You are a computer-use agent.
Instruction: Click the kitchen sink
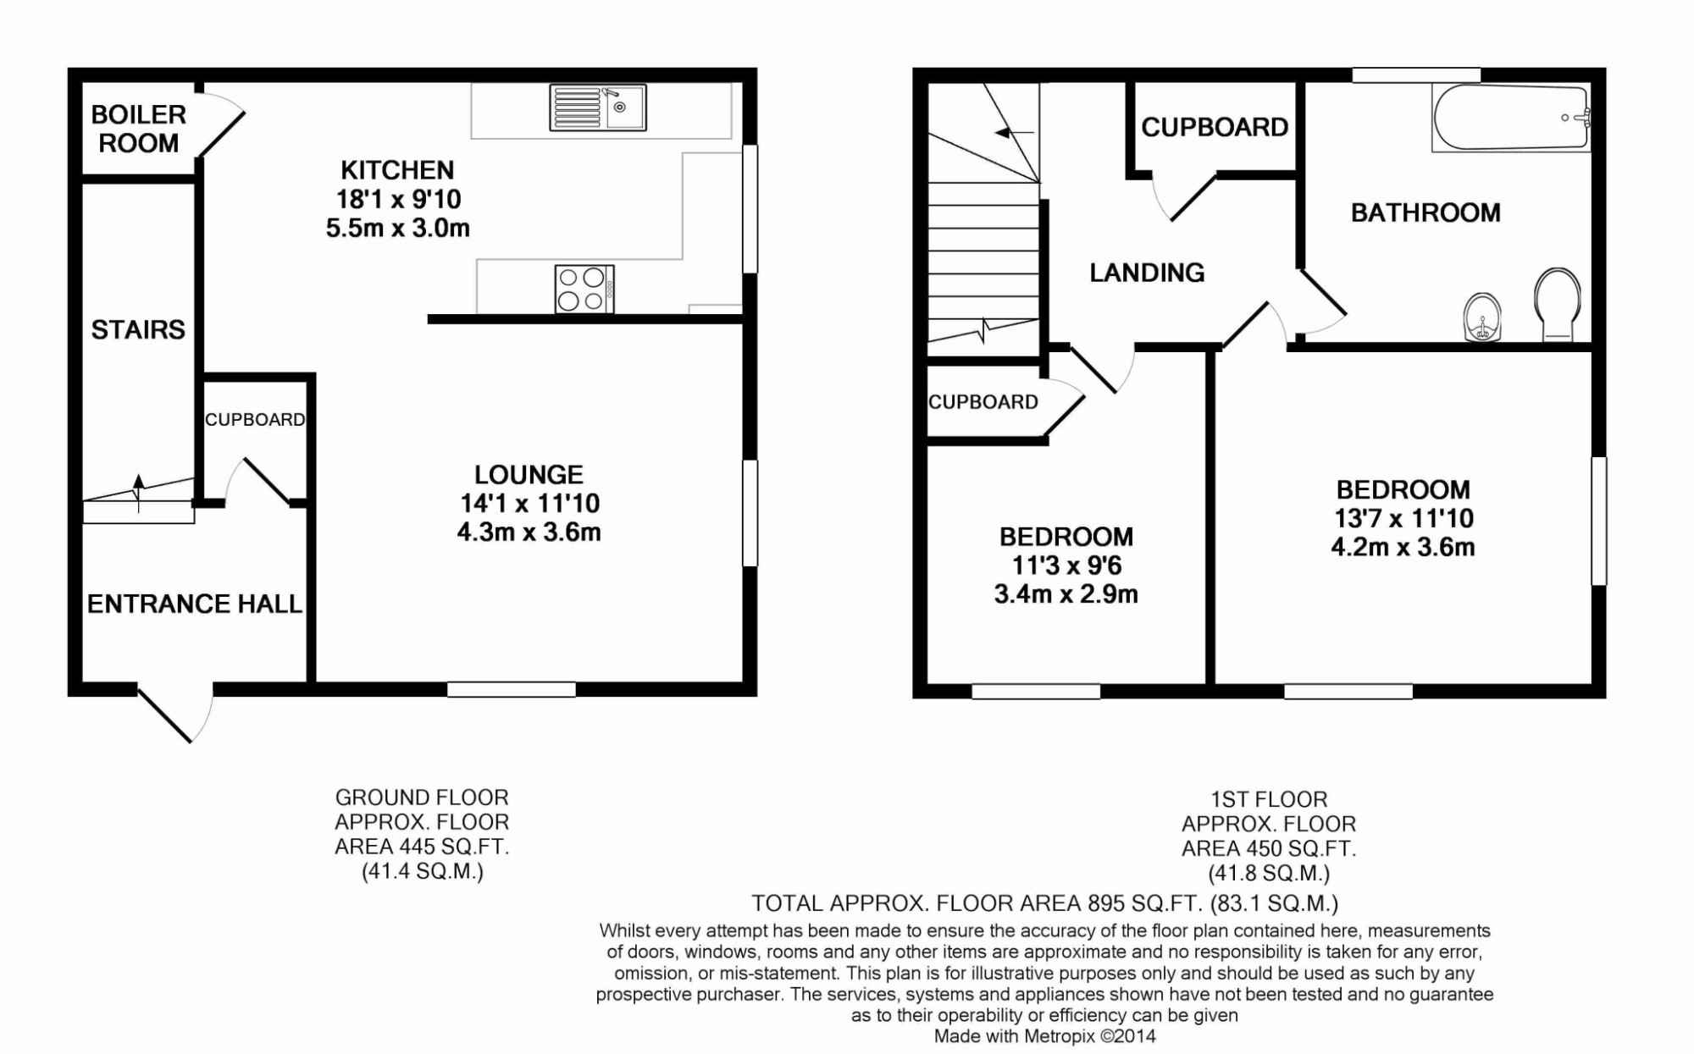tap(597, 108)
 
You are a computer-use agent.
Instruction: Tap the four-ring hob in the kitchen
tap(584, 289)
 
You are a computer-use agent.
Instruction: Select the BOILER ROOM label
tap(138, 129)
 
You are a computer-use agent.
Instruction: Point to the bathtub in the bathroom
tap(1510, 118)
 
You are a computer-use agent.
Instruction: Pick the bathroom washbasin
tap(1482, 317)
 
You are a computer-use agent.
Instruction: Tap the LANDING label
tap(1147, 273)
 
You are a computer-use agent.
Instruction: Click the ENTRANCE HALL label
tap(195, 604)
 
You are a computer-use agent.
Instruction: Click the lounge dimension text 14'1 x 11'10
tap(529, 504)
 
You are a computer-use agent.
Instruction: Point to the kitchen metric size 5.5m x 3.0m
tap(397, 229)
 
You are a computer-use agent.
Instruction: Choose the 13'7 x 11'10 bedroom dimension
tap(1403, 518)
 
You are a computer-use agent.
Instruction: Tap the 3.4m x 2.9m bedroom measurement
tap(1066, 594)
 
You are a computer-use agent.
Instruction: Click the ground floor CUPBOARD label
tap(255, 420)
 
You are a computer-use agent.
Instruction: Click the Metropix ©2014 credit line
tap(1044, 1036)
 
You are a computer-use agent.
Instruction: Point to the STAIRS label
tap(138, 329)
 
